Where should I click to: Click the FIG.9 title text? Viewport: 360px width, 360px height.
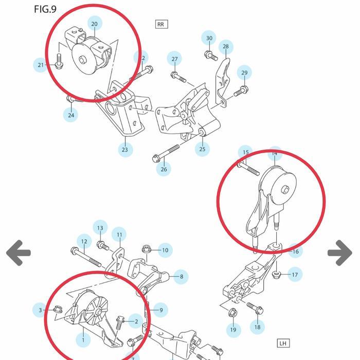click(x=45, y=9)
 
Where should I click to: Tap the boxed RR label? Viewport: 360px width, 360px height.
click(x=161, y=24)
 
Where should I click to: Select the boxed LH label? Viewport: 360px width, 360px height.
click(x=283, y=343)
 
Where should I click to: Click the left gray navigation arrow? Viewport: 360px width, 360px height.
click(x=19, y=253)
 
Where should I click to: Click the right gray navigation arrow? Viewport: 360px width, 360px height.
click(x=340, y=253)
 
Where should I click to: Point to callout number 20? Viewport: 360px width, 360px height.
click(x=94, y=24)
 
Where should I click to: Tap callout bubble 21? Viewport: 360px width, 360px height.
click(x=41, y=65)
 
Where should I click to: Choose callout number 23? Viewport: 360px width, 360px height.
click(x=125, y=150)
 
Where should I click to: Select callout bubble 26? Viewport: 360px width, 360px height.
click(x=164, y=169)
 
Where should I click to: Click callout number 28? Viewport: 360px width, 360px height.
click(x=225, y=47)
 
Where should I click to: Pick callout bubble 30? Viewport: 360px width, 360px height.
click(x=209, y=39)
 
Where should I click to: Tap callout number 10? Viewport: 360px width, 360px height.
click(x=165, y=250)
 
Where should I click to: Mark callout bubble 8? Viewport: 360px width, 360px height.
click(x=181, y=277)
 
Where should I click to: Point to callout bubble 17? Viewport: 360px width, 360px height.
click(x=295, y=275)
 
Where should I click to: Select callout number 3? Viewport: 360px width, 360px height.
click(x=41, y=310)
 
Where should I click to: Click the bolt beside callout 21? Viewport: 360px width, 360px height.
click(x=58, y=62)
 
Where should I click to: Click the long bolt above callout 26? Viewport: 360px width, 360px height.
click(x=167, y=153)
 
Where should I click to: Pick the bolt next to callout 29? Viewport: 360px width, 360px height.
click(x=240, y=92)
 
